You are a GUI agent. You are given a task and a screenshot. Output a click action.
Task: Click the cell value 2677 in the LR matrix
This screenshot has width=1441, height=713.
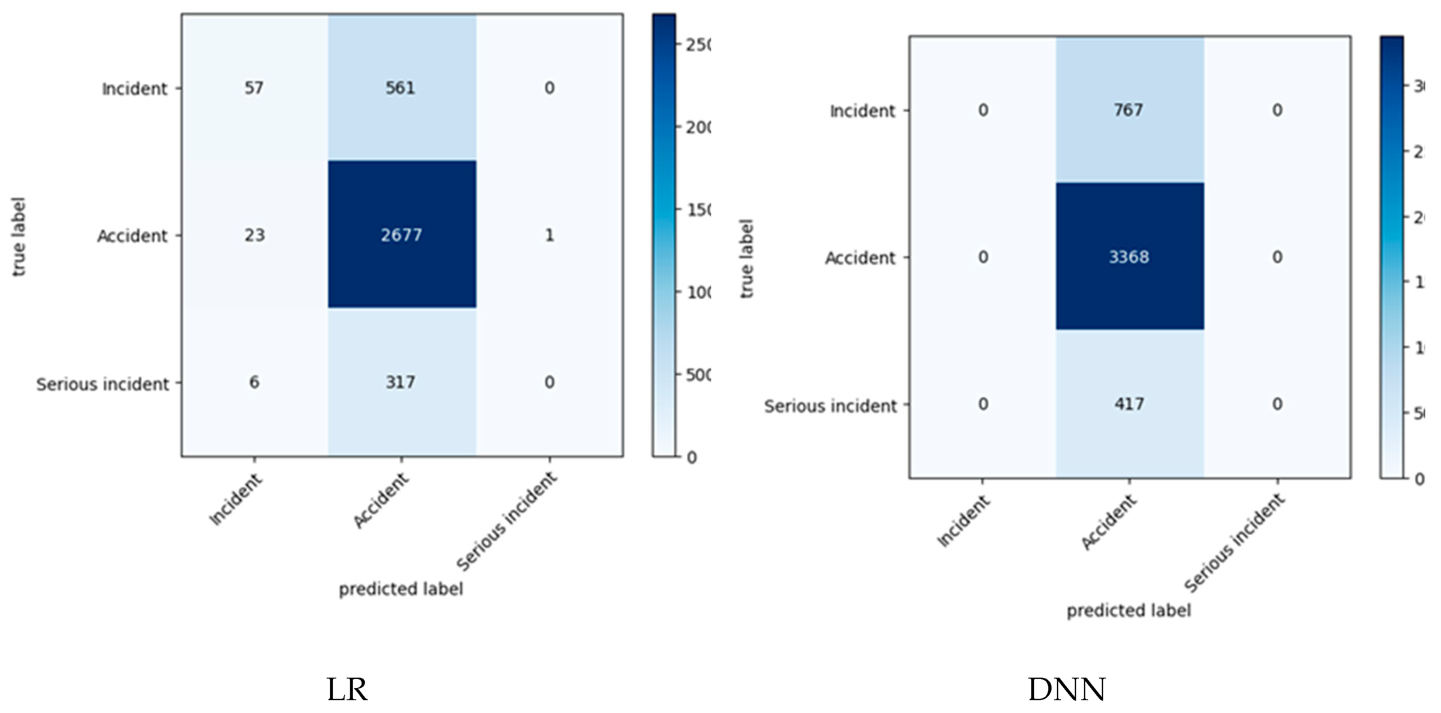(x=401, y=235)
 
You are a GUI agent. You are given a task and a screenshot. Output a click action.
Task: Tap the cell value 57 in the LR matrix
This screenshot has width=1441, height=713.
(x=254, y=88)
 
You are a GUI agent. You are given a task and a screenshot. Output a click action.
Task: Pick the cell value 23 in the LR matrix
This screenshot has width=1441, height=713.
(x=254, y=235)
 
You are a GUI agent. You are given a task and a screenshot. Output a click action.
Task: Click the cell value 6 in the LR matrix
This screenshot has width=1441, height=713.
(x=254, y=383)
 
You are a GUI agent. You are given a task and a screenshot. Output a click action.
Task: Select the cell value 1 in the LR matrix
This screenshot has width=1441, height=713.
(x=549, y=235)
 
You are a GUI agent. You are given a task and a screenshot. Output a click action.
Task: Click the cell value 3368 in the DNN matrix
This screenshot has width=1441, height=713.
(x=1129, y=257)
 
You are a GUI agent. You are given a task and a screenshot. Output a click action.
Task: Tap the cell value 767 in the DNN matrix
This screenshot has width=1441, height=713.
(x=1128, y=110)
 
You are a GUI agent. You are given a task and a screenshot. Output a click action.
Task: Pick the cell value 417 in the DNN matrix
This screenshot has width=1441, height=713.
(x=1129, y=404)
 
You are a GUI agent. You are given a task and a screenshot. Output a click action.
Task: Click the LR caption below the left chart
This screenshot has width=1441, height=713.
(x=347, y=689)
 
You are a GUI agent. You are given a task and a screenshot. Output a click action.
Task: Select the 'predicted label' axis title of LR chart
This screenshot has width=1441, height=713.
(x=401, y=589)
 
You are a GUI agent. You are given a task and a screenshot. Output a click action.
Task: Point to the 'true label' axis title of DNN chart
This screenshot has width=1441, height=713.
(x=747, y=258)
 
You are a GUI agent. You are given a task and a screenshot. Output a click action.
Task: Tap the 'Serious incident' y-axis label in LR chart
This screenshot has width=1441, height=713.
(x=102, y=385)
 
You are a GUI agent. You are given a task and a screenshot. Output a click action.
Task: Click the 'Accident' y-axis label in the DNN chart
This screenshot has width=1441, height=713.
(x=860, y=258)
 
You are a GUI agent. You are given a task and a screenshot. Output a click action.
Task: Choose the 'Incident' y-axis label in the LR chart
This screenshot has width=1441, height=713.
(x=134, y=89)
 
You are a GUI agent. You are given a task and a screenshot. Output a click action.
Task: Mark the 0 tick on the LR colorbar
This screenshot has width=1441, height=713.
(x=692, y=458)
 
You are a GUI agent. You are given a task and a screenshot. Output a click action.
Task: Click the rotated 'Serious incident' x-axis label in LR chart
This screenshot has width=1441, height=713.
(x=507, y=521)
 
